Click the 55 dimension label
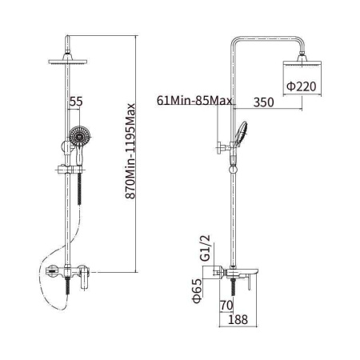pyautogui.click(x=76, y=102)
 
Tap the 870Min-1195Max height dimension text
pyautogui.click(x=130, y=151)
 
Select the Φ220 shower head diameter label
pyautogui.click(x=302, y=86)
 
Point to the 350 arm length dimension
pyautogui.click(x=263, y=102)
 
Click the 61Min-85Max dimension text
pyautogui.click(x=194, y=101)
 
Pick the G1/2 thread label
pyautogui.click(x=206, y=248)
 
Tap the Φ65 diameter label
pyautogui.click(x=197, y=290)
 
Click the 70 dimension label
pyautogui.click(x=226, y=306)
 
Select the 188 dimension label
pyautogui.click(x=238, y=319)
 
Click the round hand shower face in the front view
pyautogui.click(x=79, y=136)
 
